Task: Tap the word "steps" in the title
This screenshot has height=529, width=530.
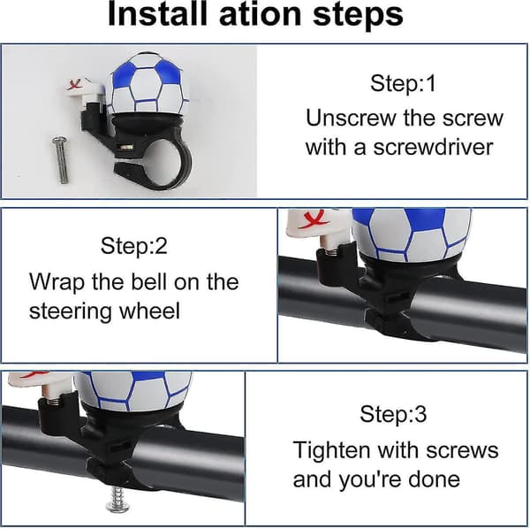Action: (x=358, y=16)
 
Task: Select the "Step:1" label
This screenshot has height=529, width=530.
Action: (x=403, y=83)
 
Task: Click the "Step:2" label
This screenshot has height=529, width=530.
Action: (x=134, y=246)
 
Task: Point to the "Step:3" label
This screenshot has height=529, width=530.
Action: (x=393, y=414)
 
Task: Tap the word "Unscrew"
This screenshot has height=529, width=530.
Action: (x=351, y=119)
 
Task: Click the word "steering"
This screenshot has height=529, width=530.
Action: (x=70, y=311)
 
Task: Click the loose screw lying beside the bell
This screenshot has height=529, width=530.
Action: (x=61, y=159)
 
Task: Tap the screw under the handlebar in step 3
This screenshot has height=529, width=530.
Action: (x=117, y=498)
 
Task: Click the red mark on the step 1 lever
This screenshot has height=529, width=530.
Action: (x=75, y=84)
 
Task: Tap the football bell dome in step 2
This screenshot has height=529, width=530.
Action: (x=412, y=234)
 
